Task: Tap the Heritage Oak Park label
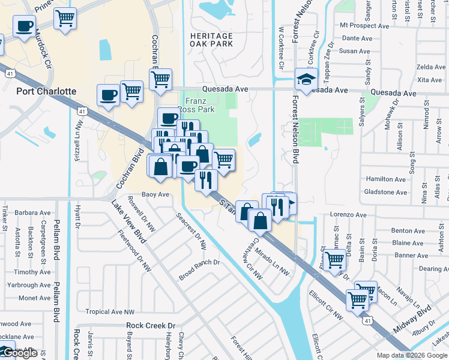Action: click(211, 40)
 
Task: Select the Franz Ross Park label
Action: click(200, 106)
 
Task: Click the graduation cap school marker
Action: click(306, 79)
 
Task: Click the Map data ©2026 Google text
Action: click(412, 355)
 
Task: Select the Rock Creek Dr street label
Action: click(150, 325)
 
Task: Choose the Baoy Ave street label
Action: click(155, 194)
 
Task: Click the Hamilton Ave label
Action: click(385, 179)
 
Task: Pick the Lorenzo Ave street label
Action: click(348, 214)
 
